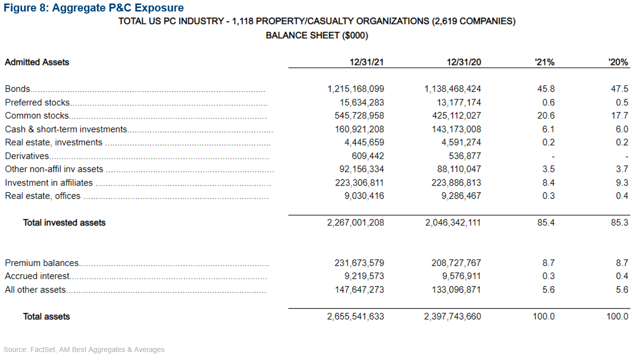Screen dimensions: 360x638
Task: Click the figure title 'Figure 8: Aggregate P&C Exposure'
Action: [x=94, y=8]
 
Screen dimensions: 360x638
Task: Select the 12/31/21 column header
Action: [x=367, y=62]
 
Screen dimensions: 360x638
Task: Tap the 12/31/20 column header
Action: [x=464, y=62]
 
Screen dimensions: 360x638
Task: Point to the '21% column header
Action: [x=544, y=62]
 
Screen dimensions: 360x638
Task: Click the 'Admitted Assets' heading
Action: [x=37, y=62]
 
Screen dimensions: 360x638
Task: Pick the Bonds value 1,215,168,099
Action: [x=356, y=89]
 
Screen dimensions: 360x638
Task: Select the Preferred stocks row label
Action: [x=38, y=102]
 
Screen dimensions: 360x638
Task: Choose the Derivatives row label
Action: [x=27, y=156]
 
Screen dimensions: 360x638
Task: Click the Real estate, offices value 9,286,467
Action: [x=461, y=196]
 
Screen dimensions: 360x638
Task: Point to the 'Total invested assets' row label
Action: [x=64, y=223]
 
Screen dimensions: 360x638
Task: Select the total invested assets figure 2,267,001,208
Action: [x=356, y=223]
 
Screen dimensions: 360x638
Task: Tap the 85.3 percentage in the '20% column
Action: [x=619, y=223]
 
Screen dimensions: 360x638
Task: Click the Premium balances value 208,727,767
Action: [x=456, y=263]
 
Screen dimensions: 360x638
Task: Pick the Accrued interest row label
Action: [x=38, y=276]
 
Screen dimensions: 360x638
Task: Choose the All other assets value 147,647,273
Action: [x=359, y=289]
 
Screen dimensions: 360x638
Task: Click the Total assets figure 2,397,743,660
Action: [x=453, y=316]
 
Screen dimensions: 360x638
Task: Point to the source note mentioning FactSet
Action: [x=84, y=350]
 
